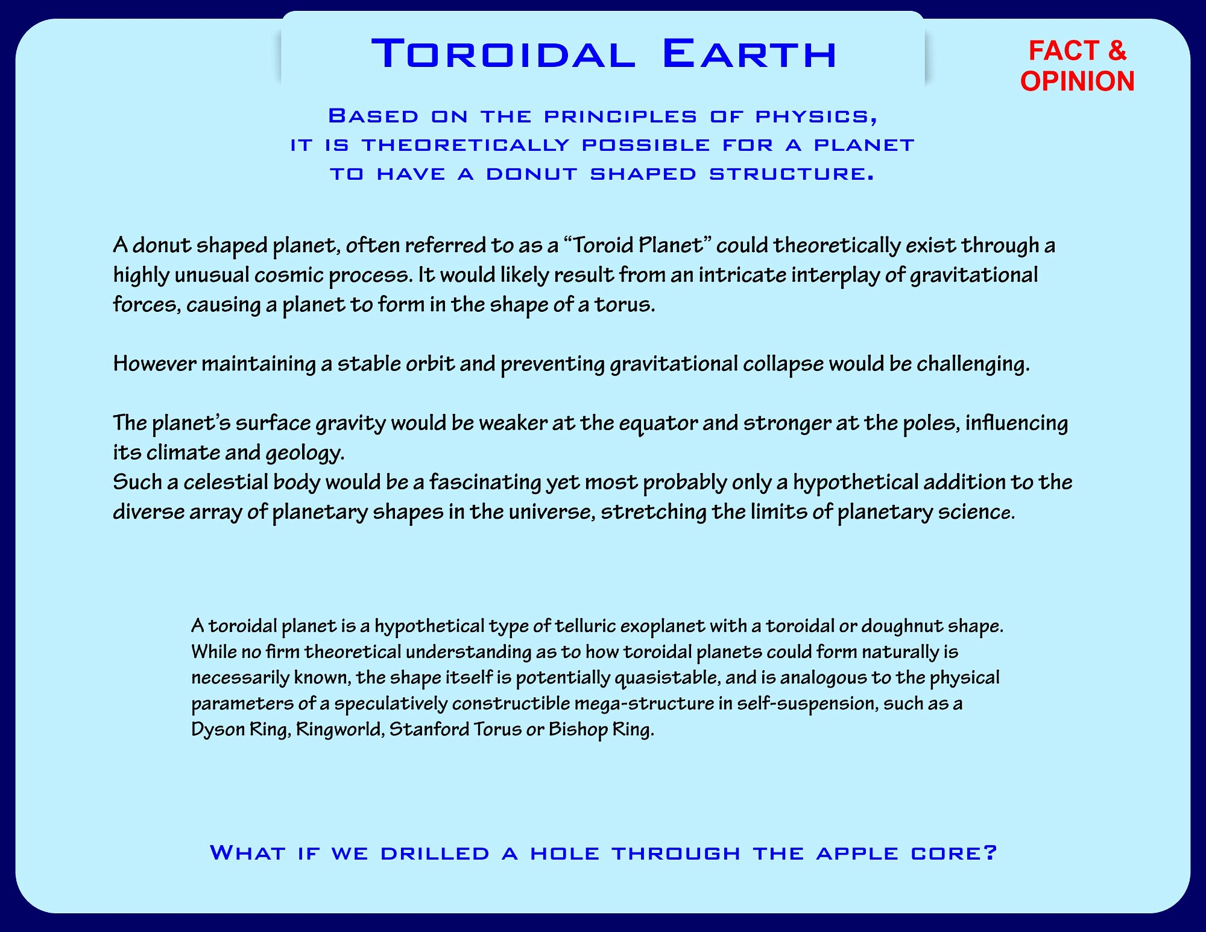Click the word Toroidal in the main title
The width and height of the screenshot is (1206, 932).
(x=504, y=54)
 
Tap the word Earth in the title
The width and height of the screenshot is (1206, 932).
(x=750, y=54)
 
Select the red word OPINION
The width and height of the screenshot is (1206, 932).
(x=1078, y=81)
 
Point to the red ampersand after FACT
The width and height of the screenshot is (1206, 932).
(x=1117, y=50)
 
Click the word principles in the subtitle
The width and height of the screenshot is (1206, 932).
(x=620, y=116)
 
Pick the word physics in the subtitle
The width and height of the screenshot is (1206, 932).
(x=816, y=116)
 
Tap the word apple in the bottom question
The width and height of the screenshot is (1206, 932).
(x=857, y=854)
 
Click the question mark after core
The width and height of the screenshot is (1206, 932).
(x=990, y=853)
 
